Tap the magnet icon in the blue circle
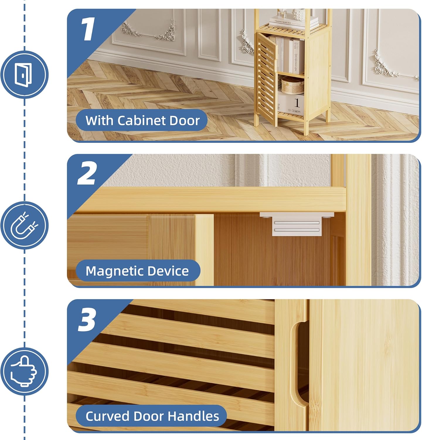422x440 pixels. [24, 225]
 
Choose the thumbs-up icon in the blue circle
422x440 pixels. [24, 371]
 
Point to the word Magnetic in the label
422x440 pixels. [114, 271]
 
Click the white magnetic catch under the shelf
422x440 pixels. [297, 224]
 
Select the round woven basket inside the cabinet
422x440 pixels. [292, 85]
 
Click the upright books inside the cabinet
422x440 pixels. [290, 56]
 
